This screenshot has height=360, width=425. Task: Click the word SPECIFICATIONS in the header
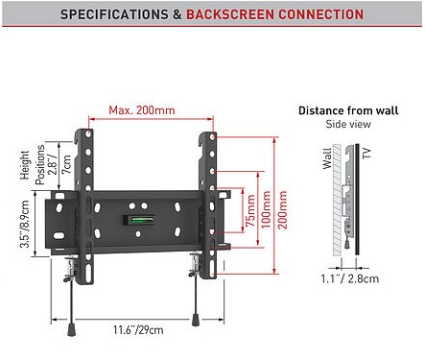tap(114, 14)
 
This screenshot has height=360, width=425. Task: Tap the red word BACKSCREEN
tap(230, 14)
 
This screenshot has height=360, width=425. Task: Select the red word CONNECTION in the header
tap(321, 14)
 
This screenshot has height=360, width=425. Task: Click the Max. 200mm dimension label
tap(142, 110)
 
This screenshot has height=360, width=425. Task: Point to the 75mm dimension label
tap(251, 210)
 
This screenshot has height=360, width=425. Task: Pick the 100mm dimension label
tap(266, 209)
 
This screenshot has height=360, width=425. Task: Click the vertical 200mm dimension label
tap(282, 209)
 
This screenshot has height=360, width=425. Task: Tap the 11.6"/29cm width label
tap(138, 329)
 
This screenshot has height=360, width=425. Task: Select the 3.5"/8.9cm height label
tap(25, 224)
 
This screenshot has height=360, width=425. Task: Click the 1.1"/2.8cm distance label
tap(350, 278)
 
